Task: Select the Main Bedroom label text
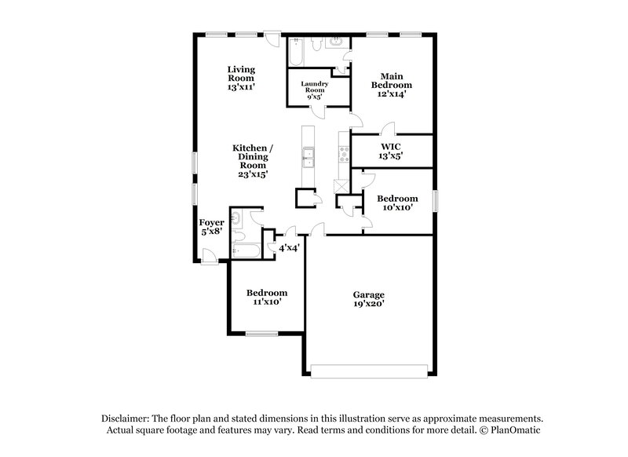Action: point(392,79)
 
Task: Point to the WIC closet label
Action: point(392,146)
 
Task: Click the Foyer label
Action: point(211,223)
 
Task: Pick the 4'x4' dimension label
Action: point(290,248)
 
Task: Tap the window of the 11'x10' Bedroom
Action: point(262,334)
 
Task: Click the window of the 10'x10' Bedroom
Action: point(435,202)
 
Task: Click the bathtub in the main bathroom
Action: point(297,53)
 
